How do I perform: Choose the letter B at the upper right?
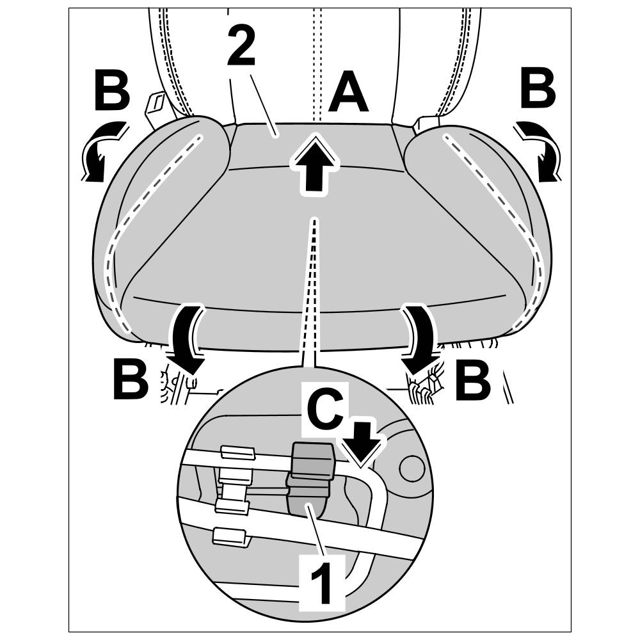coord(538,90)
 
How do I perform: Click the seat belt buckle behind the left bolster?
coord(155,107)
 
